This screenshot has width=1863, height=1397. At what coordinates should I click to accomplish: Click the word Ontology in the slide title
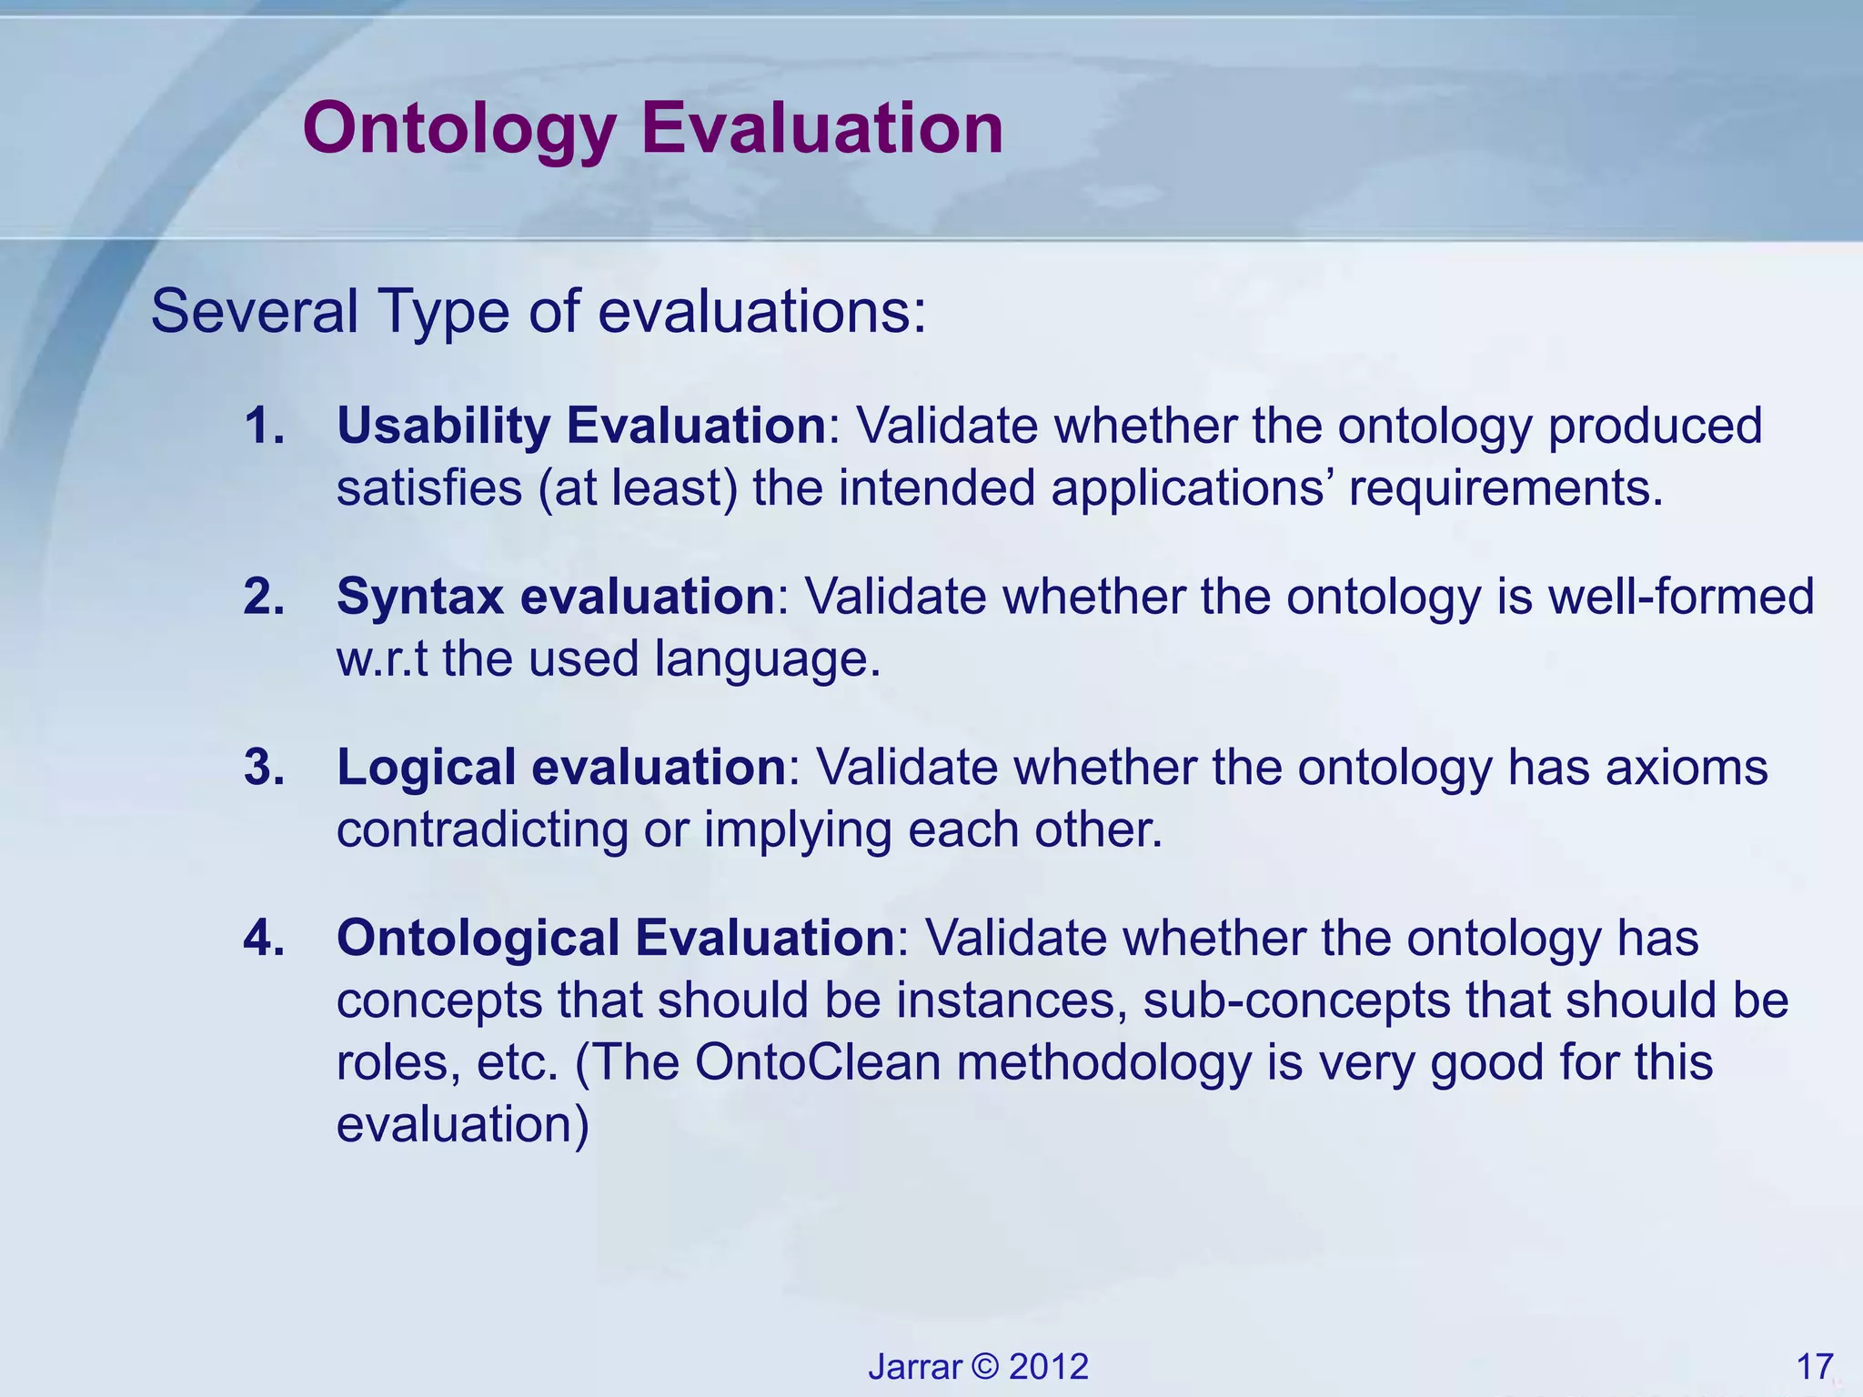tap(459, 129)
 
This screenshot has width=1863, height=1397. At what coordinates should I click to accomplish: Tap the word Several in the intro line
tap(254, 311)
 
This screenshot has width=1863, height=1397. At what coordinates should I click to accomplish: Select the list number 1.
tap(264, 426)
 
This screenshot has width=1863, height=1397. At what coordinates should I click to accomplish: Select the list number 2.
tap(264, 597)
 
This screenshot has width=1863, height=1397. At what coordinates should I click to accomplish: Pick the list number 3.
tap(264, 767)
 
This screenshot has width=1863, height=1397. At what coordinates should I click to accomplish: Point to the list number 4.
tap(264, 938)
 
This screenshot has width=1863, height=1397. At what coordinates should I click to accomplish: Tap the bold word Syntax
tap(419, 597)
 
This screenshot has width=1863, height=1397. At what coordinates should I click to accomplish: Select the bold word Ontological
tap(477, 938)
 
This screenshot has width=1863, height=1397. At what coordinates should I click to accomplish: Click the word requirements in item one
tap(1505, 488)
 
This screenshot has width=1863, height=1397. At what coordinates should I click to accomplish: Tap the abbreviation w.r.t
tap(382, 658)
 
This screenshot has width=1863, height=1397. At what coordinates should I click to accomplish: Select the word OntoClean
tap(818, 1062)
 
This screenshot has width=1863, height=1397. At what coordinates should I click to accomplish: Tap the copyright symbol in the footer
tap(985, 1367)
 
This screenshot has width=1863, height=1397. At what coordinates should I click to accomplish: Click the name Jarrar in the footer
tap(915, 1367)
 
